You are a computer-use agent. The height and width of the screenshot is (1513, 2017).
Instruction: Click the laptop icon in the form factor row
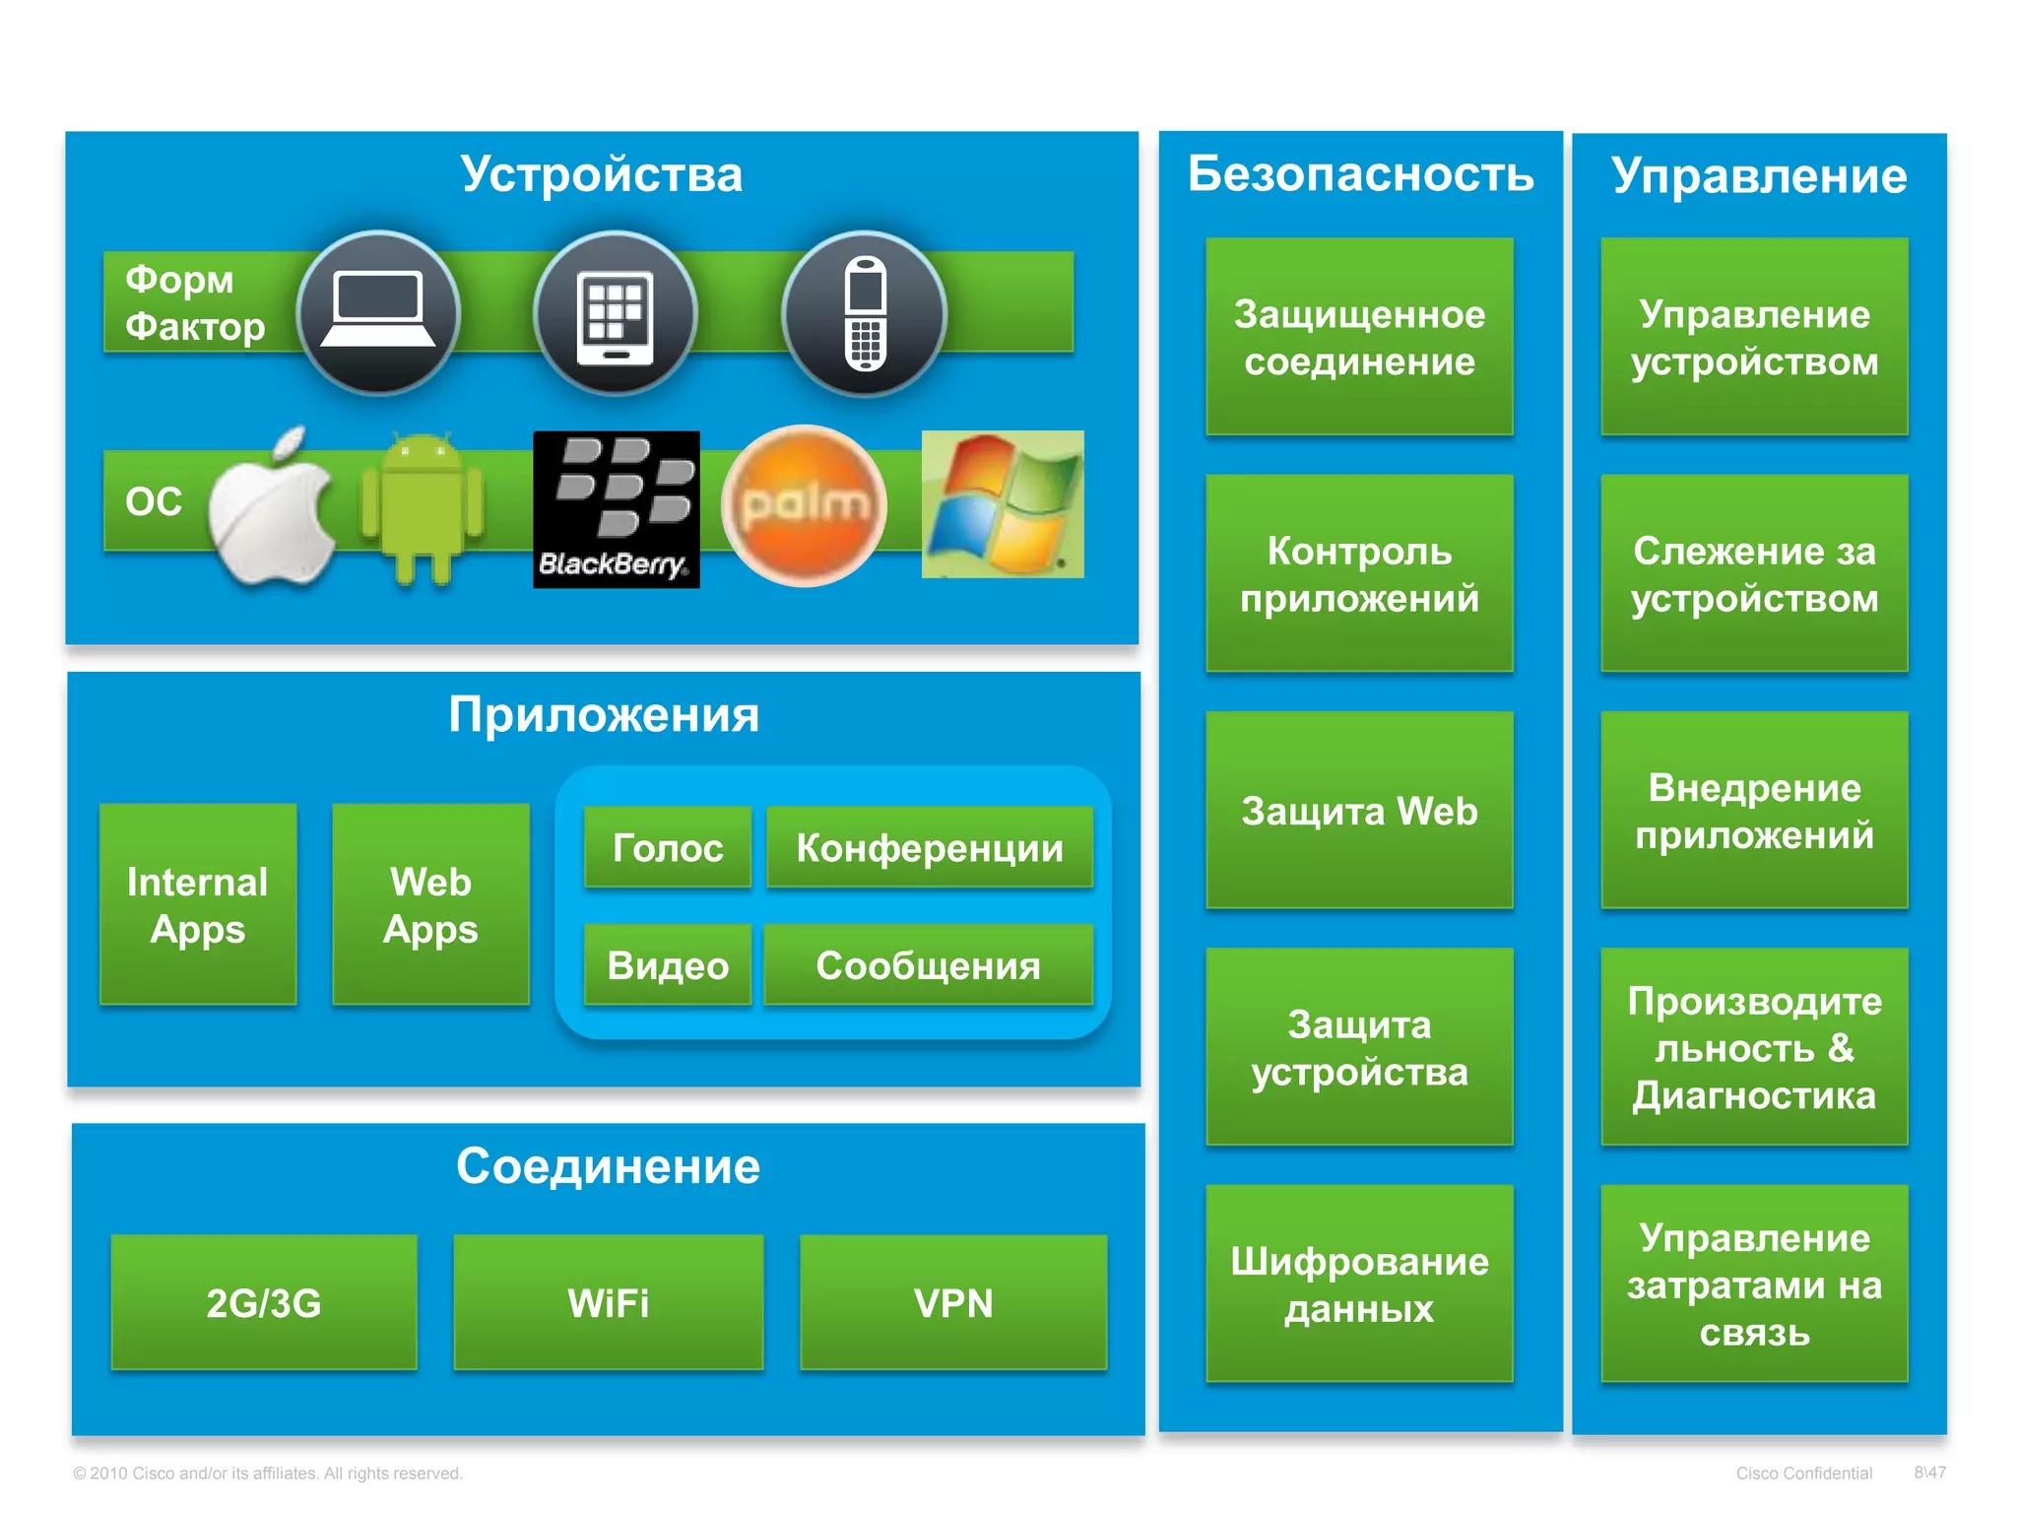coord(378,313)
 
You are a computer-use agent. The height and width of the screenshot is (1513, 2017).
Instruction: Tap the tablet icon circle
coord(616,313)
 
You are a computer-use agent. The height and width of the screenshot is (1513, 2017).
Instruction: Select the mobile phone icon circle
coord(864,313)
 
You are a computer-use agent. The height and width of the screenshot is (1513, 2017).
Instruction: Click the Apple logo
coord(272,508)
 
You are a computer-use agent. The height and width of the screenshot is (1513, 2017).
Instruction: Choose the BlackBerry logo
coord(616,508)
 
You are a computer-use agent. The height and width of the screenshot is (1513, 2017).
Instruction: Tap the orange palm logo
coord(804,505)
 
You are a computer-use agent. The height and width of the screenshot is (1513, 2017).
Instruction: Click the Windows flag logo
coord(1002,503)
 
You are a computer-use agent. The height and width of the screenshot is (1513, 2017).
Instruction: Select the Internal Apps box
coord(198,904)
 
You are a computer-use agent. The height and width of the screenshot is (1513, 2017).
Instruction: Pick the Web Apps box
coord(430,904)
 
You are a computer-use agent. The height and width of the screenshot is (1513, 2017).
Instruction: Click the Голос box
coord(668,847)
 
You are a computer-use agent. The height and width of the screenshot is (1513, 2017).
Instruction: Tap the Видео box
coord(668,964)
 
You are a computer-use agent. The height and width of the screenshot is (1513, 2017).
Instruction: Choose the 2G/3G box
coord(264,1301)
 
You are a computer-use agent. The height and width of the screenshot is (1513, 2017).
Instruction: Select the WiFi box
coord(608,1301)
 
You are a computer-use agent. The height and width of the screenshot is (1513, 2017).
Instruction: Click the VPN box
coord(953,1301)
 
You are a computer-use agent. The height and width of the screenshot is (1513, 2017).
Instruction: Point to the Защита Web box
coord(1359,810)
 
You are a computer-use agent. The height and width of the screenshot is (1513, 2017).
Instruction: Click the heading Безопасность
coord(1360,174)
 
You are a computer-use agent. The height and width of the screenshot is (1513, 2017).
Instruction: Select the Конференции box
coord(929,847)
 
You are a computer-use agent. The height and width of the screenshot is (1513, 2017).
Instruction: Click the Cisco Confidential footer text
coord(1803,1473)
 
